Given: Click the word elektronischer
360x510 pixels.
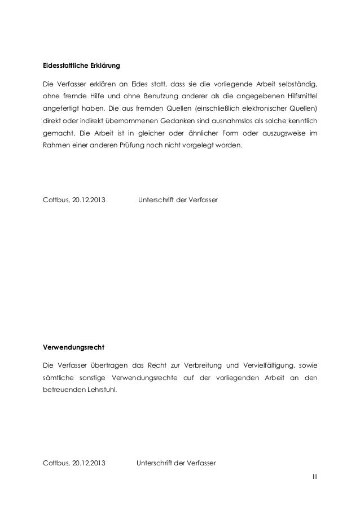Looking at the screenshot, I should click(x=262, y=108).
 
